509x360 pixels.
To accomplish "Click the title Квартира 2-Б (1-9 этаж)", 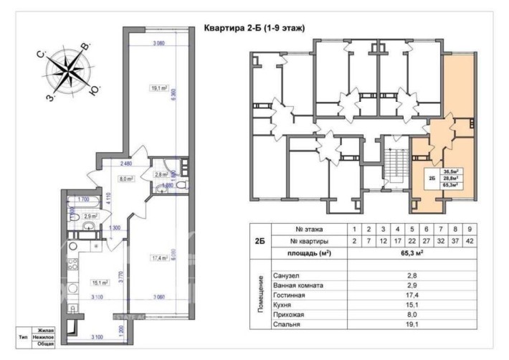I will coord(255,29).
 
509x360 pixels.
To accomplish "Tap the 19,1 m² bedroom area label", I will coord(158,89).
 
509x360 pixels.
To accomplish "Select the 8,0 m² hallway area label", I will coord(126,179).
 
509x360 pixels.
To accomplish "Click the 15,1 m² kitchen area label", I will coord(100,283).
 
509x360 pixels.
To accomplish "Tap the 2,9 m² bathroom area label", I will coord(91,216).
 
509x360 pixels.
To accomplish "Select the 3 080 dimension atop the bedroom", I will coord(159,44).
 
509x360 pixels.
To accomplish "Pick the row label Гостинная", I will coord(290,295).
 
